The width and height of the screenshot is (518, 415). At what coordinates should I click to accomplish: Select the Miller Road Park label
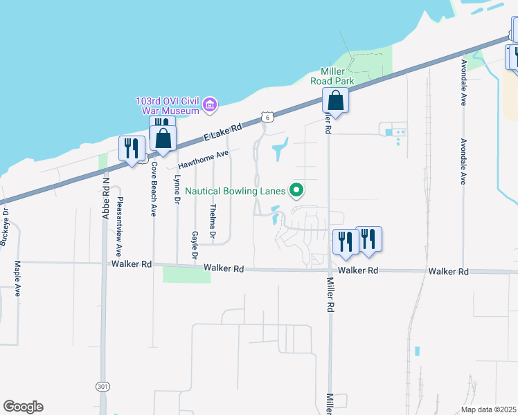(337, 76)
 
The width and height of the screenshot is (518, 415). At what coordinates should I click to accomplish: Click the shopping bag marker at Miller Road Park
(335, 100)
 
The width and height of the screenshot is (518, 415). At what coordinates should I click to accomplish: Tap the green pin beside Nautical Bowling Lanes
(297, 189)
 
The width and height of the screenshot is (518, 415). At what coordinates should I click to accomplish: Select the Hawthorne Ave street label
(203, 161)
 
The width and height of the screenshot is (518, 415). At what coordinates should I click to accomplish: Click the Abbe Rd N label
(106, 199)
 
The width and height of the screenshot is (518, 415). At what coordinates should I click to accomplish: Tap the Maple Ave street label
(18, 273)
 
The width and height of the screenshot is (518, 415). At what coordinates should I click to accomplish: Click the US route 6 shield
(267, 118)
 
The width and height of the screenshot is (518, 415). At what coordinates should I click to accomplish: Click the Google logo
(23, 407)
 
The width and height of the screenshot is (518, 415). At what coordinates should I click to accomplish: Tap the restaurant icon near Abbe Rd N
(129, 148)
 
